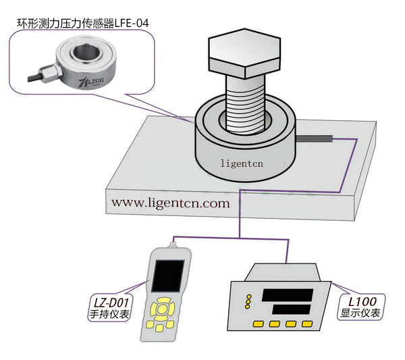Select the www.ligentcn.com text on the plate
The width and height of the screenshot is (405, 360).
(x=170, y=202)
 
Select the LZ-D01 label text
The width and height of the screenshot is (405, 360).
(x=111, y=302)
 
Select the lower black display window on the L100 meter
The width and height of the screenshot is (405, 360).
(x=291, y=309)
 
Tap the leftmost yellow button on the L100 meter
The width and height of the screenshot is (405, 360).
(x=256, y=324)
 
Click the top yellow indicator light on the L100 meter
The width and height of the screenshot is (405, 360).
(x=248, y=297)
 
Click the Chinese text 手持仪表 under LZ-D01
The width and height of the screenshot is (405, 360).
(x=109, y=314)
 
